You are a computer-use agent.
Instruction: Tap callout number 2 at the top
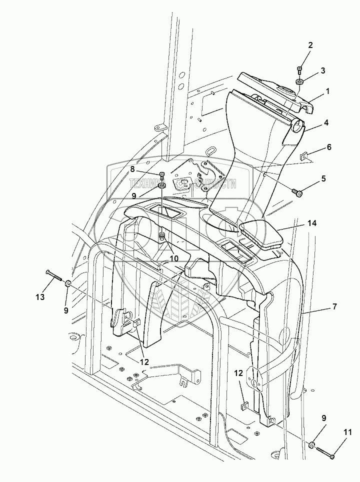310,45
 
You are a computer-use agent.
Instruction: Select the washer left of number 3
299,81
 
